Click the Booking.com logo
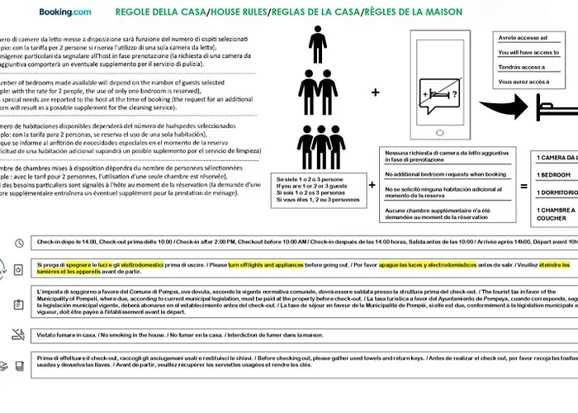click(64, 12)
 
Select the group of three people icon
click(321, 148)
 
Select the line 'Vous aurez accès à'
click(525, 82)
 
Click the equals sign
click(524, 188)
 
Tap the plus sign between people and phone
click(376, 93)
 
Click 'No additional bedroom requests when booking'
click(445, 174)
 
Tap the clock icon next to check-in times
click(19, 243)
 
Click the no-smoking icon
click(18, 335)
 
